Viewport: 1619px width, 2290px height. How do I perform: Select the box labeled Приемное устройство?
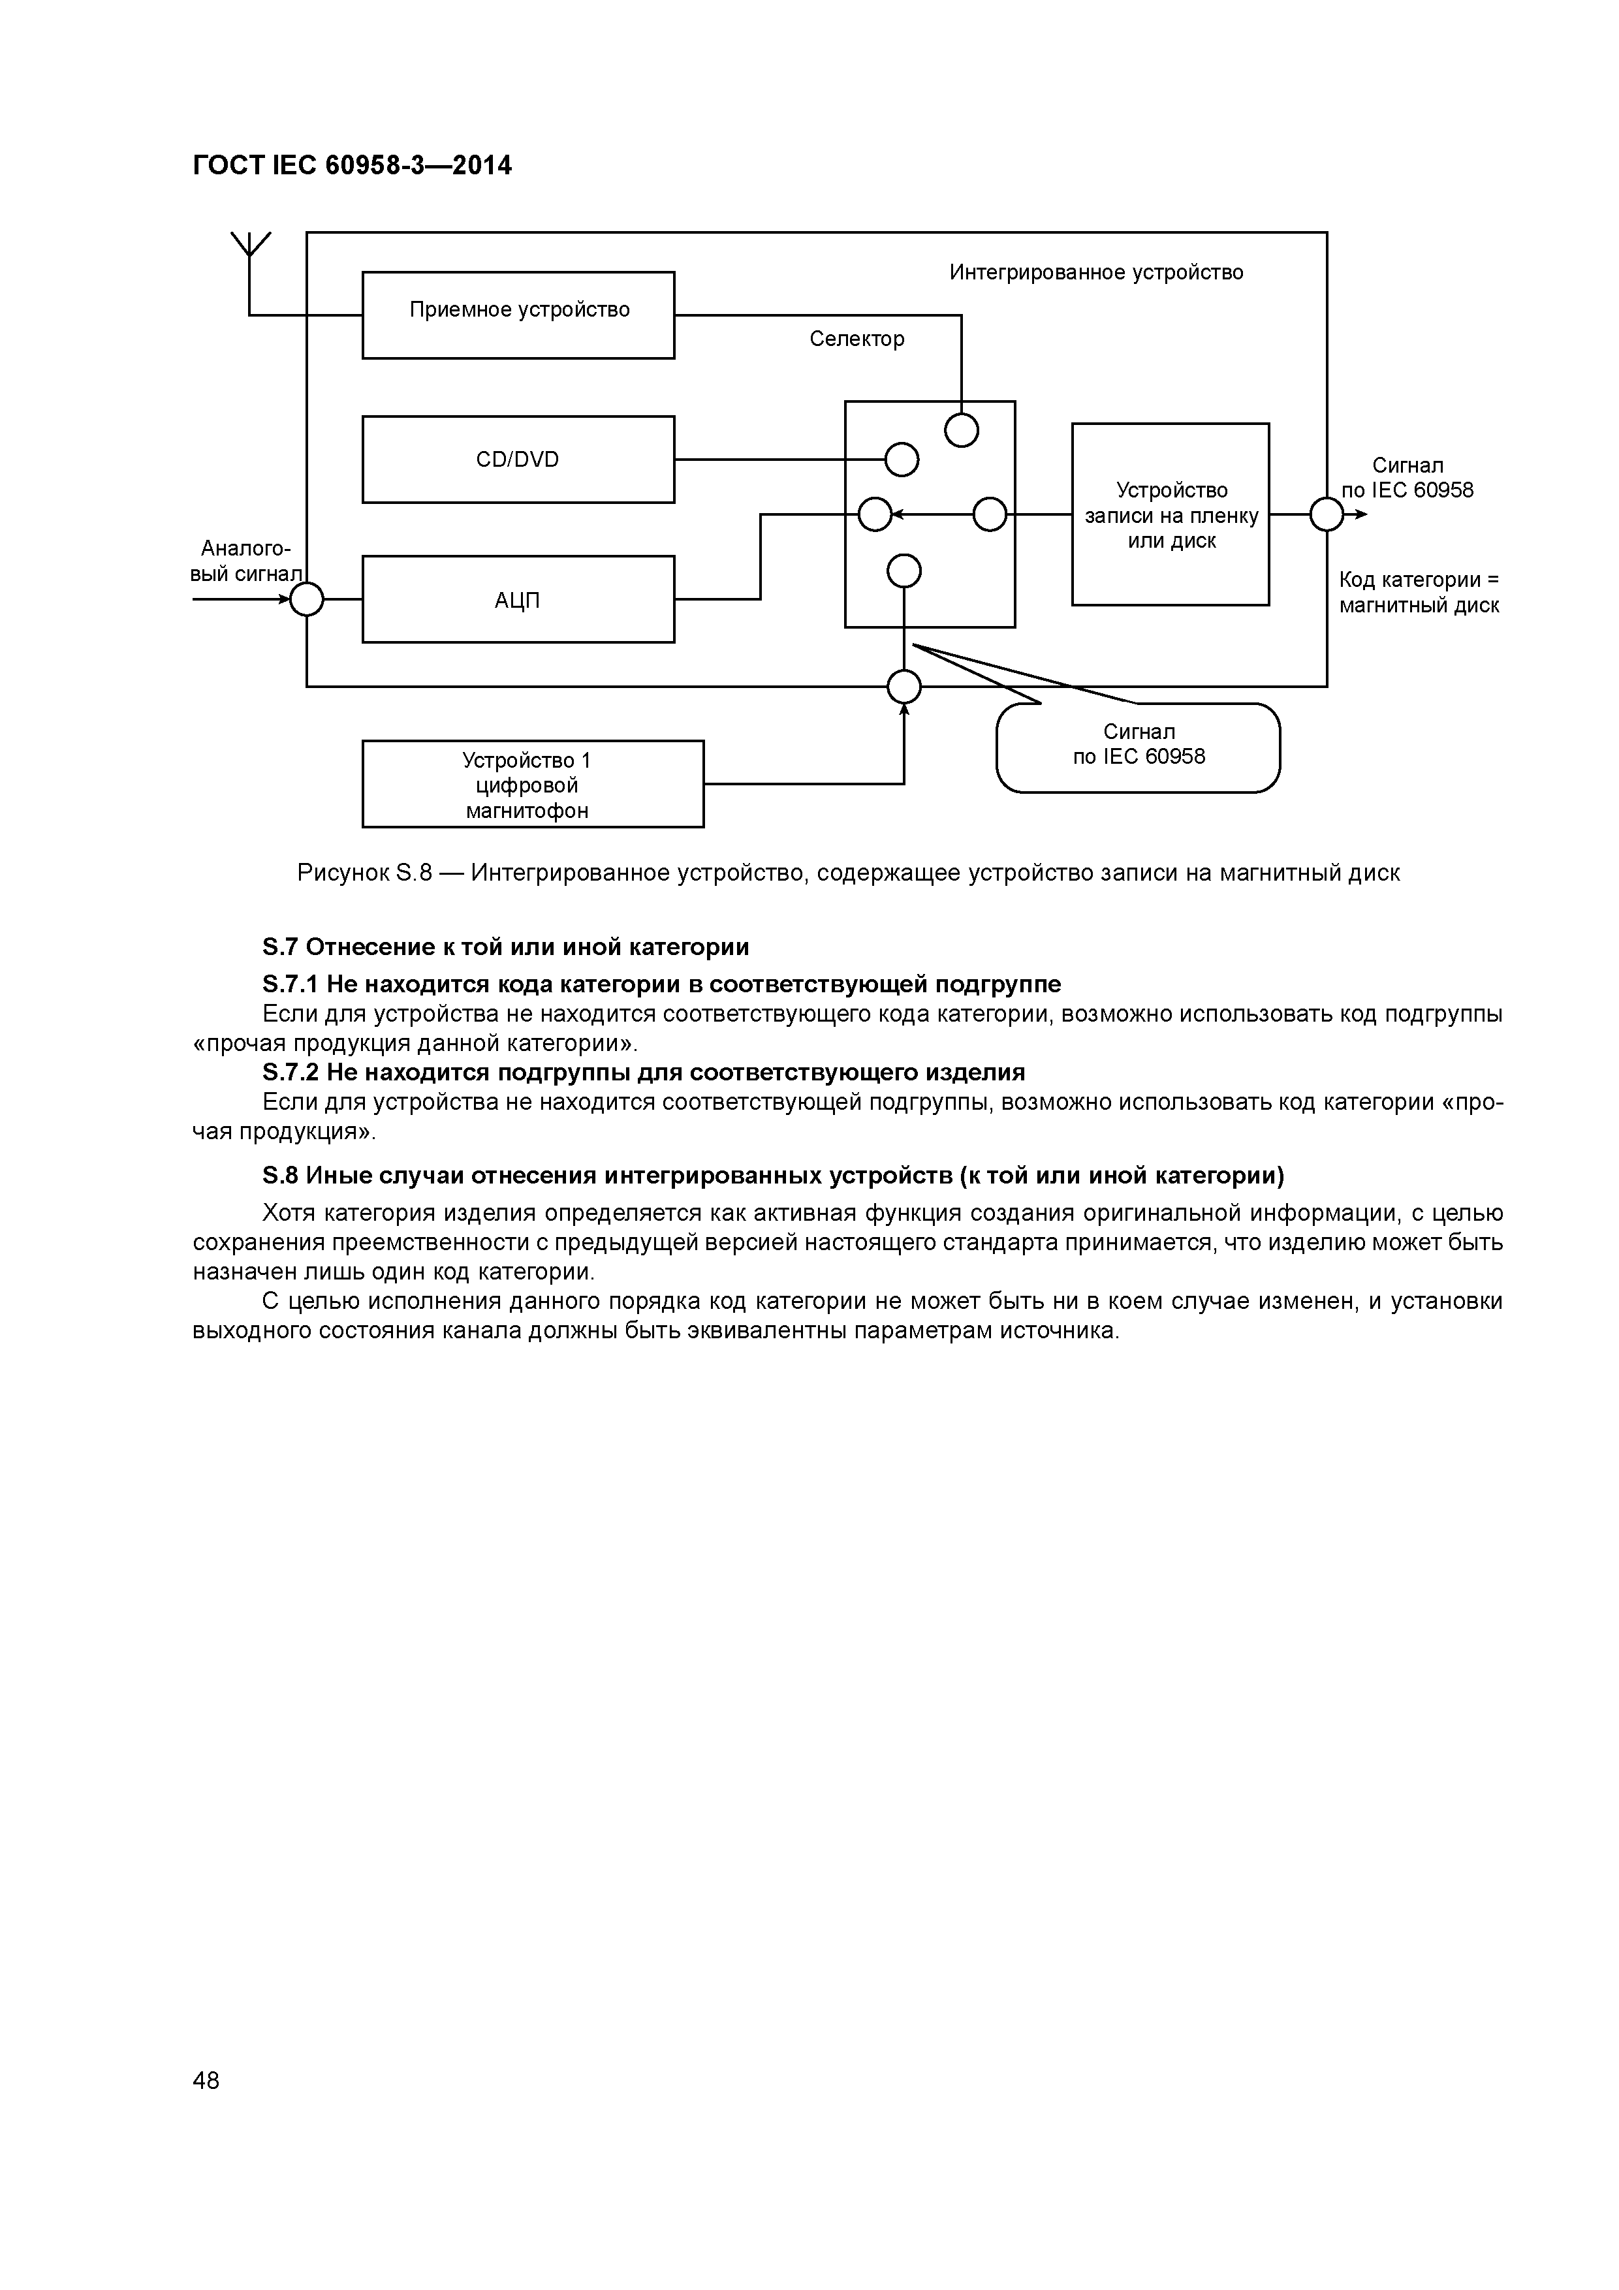(x=518, y=314)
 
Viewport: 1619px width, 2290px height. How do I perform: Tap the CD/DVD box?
(x=518, y=459)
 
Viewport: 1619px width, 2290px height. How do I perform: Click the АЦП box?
(x=518, y=599)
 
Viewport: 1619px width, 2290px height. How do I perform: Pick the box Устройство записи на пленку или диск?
(x=1170, y=514)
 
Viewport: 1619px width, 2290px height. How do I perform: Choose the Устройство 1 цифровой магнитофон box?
(x=533, y=784)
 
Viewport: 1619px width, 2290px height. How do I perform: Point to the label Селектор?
(x=857, y=339)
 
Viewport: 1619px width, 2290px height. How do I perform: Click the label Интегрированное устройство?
(x=1096, y=272)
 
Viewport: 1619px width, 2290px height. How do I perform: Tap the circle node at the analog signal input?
(x=306, y=599)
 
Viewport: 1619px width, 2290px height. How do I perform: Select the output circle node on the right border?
(x=1327, y=514)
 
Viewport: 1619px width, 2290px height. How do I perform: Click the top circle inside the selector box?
(x=962, y=430)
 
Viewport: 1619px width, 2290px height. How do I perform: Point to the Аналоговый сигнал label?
(x=245, y=561)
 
